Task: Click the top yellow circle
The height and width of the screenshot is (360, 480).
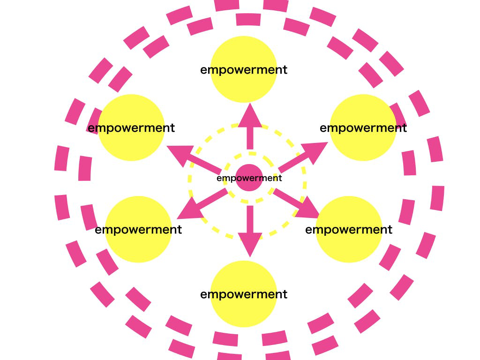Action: point(244,69)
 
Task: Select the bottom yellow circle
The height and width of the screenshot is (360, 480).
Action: point(244,294)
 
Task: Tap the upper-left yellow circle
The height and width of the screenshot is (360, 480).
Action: point(131,127)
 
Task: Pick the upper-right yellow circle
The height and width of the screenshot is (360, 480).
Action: point(363,127)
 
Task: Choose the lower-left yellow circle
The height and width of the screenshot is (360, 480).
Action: point(138,229)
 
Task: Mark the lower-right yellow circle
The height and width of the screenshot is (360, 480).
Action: point(349,229)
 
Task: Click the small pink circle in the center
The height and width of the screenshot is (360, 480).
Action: point(249,178)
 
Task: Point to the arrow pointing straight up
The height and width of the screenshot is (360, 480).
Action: point(250,126)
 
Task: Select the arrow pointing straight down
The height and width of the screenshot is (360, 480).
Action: point(250,232)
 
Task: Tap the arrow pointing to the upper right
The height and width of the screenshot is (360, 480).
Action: point(303,157)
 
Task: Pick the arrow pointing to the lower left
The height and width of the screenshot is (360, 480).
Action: point(202,204)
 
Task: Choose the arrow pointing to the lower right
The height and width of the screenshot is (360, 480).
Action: point(296,203)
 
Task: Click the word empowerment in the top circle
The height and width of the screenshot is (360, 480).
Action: point(244,70)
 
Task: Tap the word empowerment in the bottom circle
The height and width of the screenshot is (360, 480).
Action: point(244,295)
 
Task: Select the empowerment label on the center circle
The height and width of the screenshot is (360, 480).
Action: point(249,178)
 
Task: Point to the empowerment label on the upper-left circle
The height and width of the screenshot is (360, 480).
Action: point(131,128)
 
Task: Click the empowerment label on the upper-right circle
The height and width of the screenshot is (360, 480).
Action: point(363,128)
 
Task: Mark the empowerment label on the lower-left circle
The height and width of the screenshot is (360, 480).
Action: point(138,230)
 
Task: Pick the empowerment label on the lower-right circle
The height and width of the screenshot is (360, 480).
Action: point(349,230)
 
